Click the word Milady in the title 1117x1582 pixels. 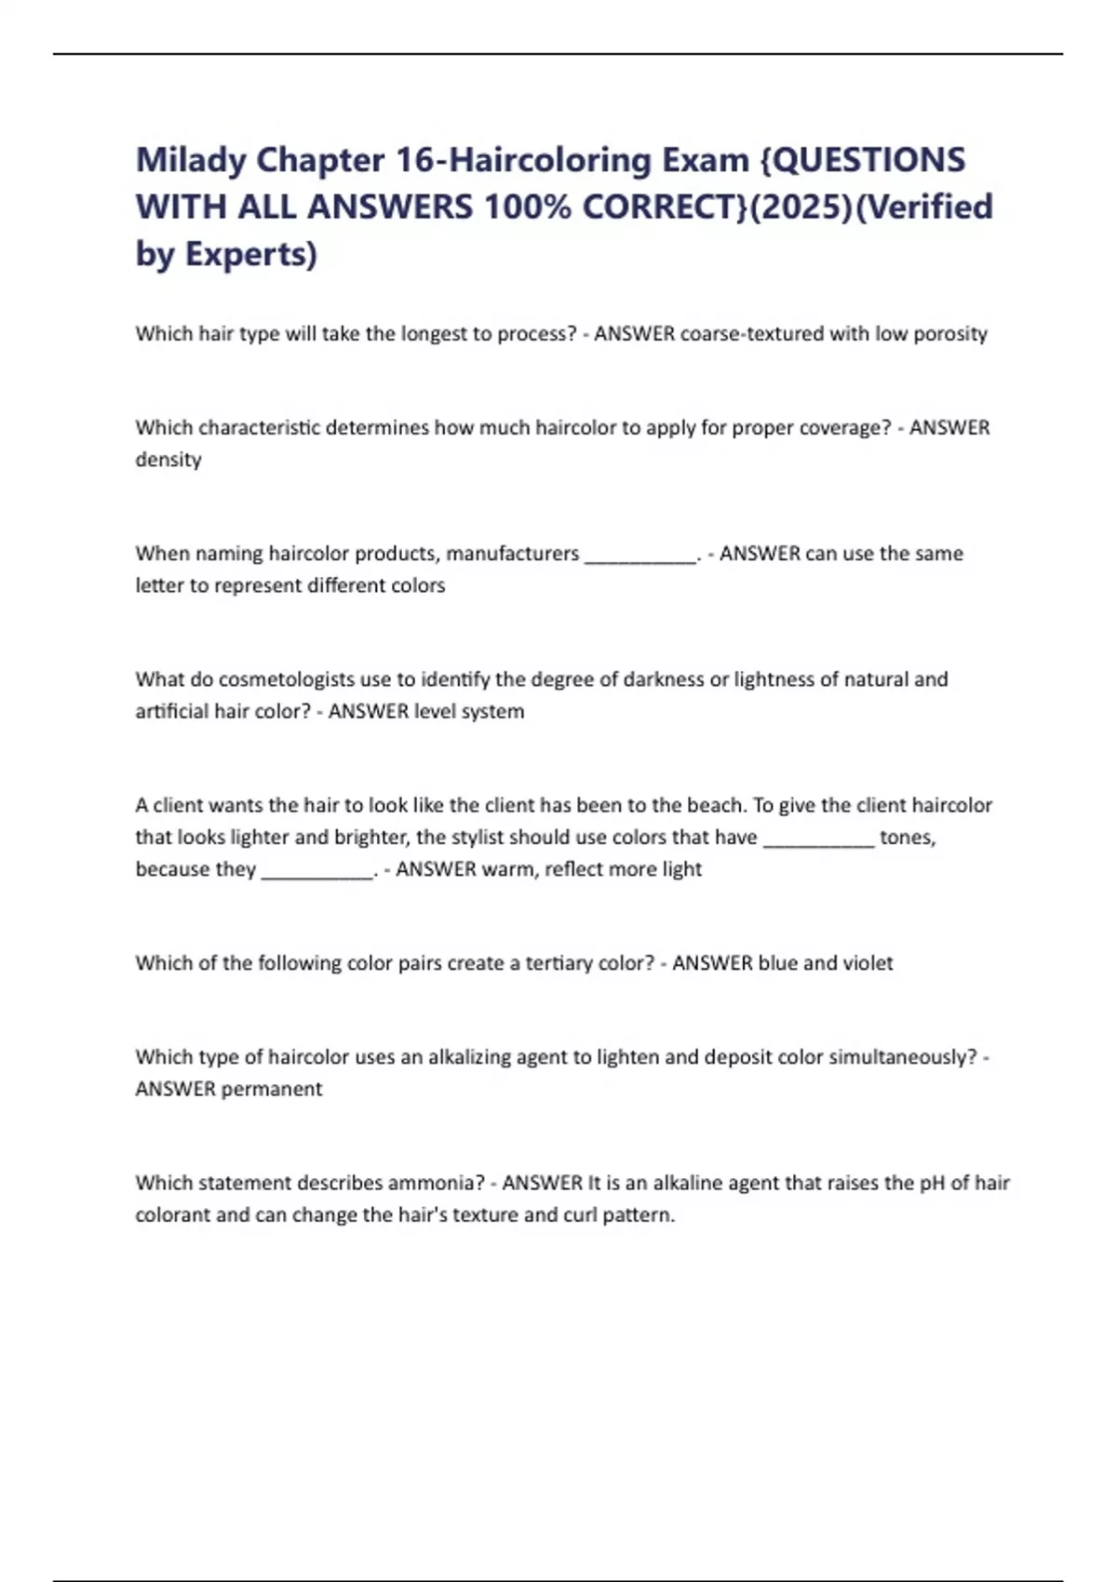click(x=191, y=160)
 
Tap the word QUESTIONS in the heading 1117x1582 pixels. click(x=869, y=160)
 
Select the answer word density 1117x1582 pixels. click(x=168, y=460)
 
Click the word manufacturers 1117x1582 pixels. click(x=512, y=554)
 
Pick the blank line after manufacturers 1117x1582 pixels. click(x=640, y=556)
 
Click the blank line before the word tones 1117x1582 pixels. click(x=819, y=840)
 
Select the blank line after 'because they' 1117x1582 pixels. click(x=317, y=872)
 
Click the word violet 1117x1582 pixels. click(x=868, y=963)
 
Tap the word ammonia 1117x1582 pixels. click(x=437, y=1183)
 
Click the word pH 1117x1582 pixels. click(x=932, y=1183)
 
